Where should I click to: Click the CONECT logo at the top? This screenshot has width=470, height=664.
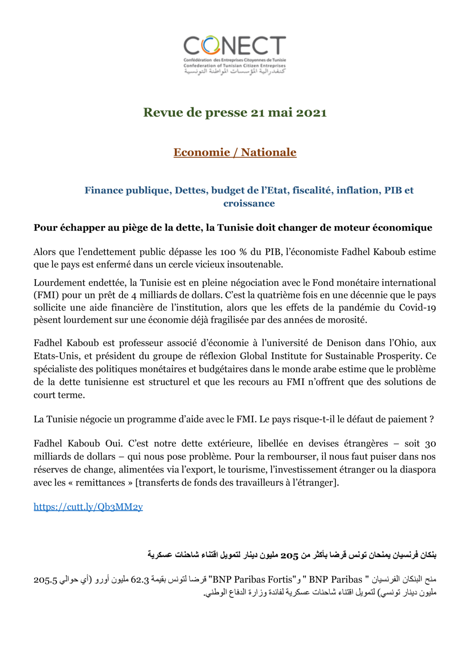(235, 55)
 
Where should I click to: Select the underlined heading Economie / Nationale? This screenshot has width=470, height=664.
(235, 153)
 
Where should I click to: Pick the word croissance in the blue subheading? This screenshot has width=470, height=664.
(249, 204)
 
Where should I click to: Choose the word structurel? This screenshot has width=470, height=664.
(169, 382)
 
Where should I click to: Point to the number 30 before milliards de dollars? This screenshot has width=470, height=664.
(430, 444)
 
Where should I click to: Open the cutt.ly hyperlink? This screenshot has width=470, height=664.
(88, 507)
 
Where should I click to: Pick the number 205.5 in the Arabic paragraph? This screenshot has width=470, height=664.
(45, 580)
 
